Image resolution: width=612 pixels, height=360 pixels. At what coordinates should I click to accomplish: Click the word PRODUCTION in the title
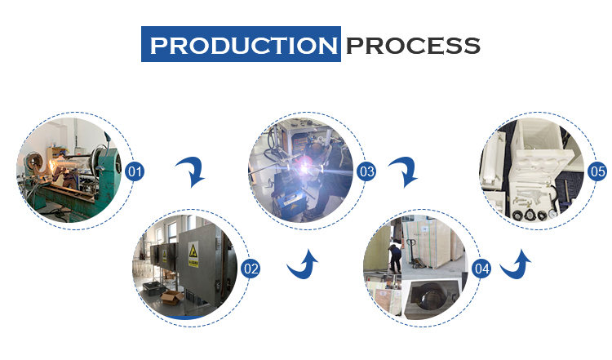click(x=243, y=45)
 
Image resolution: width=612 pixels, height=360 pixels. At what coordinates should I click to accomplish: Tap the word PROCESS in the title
click(x=413, y=46)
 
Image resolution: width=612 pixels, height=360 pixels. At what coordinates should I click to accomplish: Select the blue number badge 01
click(x=135, y=171)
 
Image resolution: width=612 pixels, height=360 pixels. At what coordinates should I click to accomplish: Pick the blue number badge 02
click(x=251, y=269)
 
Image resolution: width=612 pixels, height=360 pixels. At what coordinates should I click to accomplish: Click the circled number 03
click(x=366, y=171)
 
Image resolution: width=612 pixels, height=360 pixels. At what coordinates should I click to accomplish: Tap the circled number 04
click(x=481, y=269)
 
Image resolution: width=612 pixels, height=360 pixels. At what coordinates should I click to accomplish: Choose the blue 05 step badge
click(x=597, y=171)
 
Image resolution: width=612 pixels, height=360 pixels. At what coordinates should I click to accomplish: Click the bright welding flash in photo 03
click(x=304, y=168)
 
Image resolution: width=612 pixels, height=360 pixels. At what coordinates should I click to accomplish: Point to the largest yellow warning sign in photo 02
click(x=193, y=254)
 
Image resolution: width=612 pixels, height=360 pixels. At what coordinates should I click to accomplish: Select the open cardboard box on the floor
click(x=171, y=297)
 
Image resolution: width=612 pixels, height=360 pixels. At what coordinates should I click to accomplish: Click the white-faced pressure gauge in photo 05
click(x=553, y=214)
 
